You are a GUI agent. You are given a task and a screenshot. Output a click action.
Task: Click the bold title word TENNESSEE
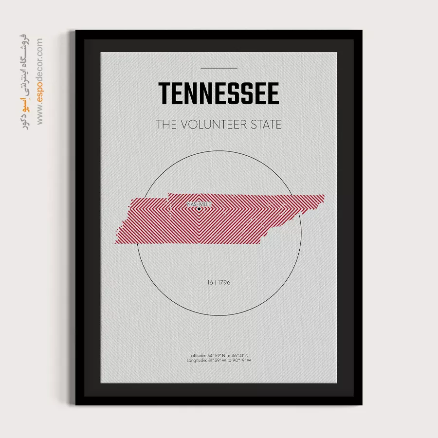pyautogui.click(x=219, y=93)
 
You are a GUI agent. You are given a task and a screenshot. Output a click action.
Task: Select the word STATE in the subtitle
pyautogui.click(x=266, y=125)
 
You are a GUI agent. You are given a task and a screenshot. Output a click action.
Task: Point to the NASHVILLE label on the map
pyautogui.click(x=199, y=204)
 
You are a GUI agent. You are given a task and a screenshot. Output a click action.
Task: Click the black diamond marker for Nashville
pyautogui.click(x=199, y=209)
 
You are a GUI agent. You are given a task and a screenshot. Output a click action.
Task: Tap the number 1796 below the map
pyautogui.click(x=224, y=282)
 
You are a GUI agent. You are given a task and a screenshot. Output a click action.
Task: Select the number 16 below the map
pyautogui.click(x=210, y=282)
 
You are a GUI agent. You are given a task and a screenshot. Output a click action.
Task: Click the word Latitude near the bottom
pyautogui.click(x=198, y=356)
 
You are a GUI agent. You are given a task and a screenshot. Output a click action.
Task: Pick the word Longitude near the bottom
pyautogui.click(x=197, y=361)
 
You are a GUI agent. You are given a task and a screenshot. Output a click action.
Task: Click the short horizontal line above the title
pyautogui.click(x=219, y=68)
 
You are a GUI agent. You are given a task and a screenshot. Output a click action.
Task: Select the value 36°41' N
pyautogui.click(x=239, y=356)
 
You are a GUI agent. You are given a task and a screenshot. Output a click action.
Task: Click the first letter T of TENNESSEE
pyautogui.click(x=165, y=93)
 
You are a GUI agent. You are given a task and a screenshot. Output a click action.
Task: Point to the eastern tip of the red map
pyautogui.click(x=324, y=196)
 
